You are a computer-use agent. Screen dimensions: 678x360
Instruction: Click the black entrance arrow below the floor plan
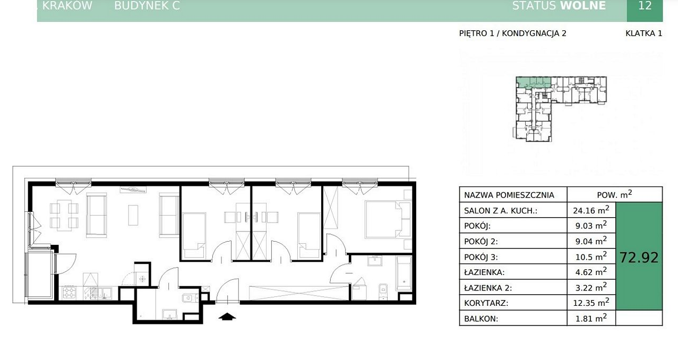(x=227, y=316)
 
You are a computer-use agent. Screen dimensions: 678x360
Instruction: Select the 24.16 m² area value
(x=591, y=210)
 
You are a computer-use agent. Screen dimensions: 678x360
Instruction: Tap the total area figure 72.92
(x=639, y=258)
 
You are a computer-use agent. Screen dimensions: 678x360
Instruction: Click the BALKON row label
(x=481, y=319)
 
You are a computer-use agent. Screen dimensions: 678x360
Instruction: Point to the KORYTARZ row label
(x=486, y=303)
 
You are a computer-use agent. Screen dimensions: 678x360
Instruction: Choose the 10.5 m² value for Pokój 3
(x=591, y=256)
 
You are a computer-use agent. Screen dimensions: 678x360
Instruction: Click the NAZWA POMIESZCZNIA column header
(x=509, y=195)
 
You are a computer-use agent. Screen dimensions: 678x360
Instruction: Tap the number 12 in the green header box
(x=645, y=6)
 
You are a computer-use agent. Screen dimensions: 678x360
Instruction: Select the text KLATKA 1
(x=644, y=33)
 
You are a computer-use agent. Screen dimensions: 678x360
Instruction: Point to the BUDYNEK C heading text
(x=147, y=6)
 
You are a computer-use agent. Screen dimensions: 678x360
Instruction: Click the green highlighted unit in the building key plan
(x=533, y=82)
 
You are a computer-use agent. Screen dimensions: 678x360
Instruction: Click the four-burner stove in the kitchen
(x=70, y=293)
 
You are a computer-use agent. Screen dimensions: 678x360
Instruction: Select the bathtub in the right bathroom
(x=404, y=273)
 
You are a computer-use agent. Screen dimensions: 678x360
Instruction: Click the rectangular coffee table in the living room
(x=133, y=215)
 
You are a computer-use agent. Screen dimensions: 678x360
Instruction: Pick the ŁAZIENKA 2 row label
(x=488, y=288)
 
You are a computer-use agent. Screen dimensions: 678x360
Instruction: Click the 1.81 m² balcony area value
(x=591, y=318)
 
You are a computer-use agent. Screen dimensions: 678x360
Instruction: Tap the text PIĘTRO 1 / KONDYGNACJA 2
(x=512, y=33)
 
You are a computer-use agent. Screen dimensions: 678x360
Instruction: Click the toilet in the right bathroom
(x=383, y=292)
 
